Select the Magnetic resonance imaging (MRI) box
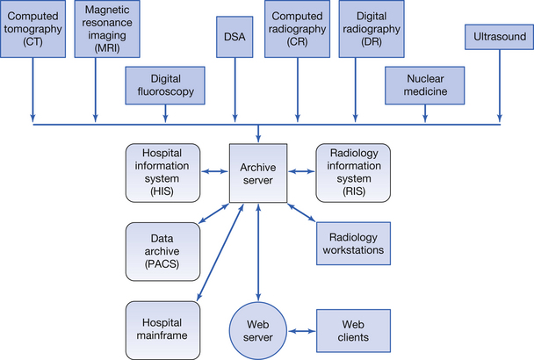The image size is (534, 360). [x=99, y=30]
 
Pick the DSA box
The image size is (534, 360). [x=234, y=37]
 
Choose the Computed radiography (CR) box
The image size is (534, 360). [x=296, y=30]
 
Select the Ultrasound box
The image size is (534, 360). [x=497, y=39]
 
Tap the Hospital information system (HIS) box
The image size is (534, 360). [x=162, y=172]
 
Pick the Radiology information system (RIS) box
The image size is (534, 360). [x=352, y=172]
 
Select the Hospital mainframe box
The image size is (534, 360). [x=162, y=328]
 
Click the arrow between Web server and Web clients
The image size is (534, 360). [x=301, y=331]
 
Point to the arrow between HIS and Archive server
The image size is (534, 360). [x=213, y=172]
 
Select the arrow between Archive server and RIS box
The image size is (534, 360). [x=301, y=172]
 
